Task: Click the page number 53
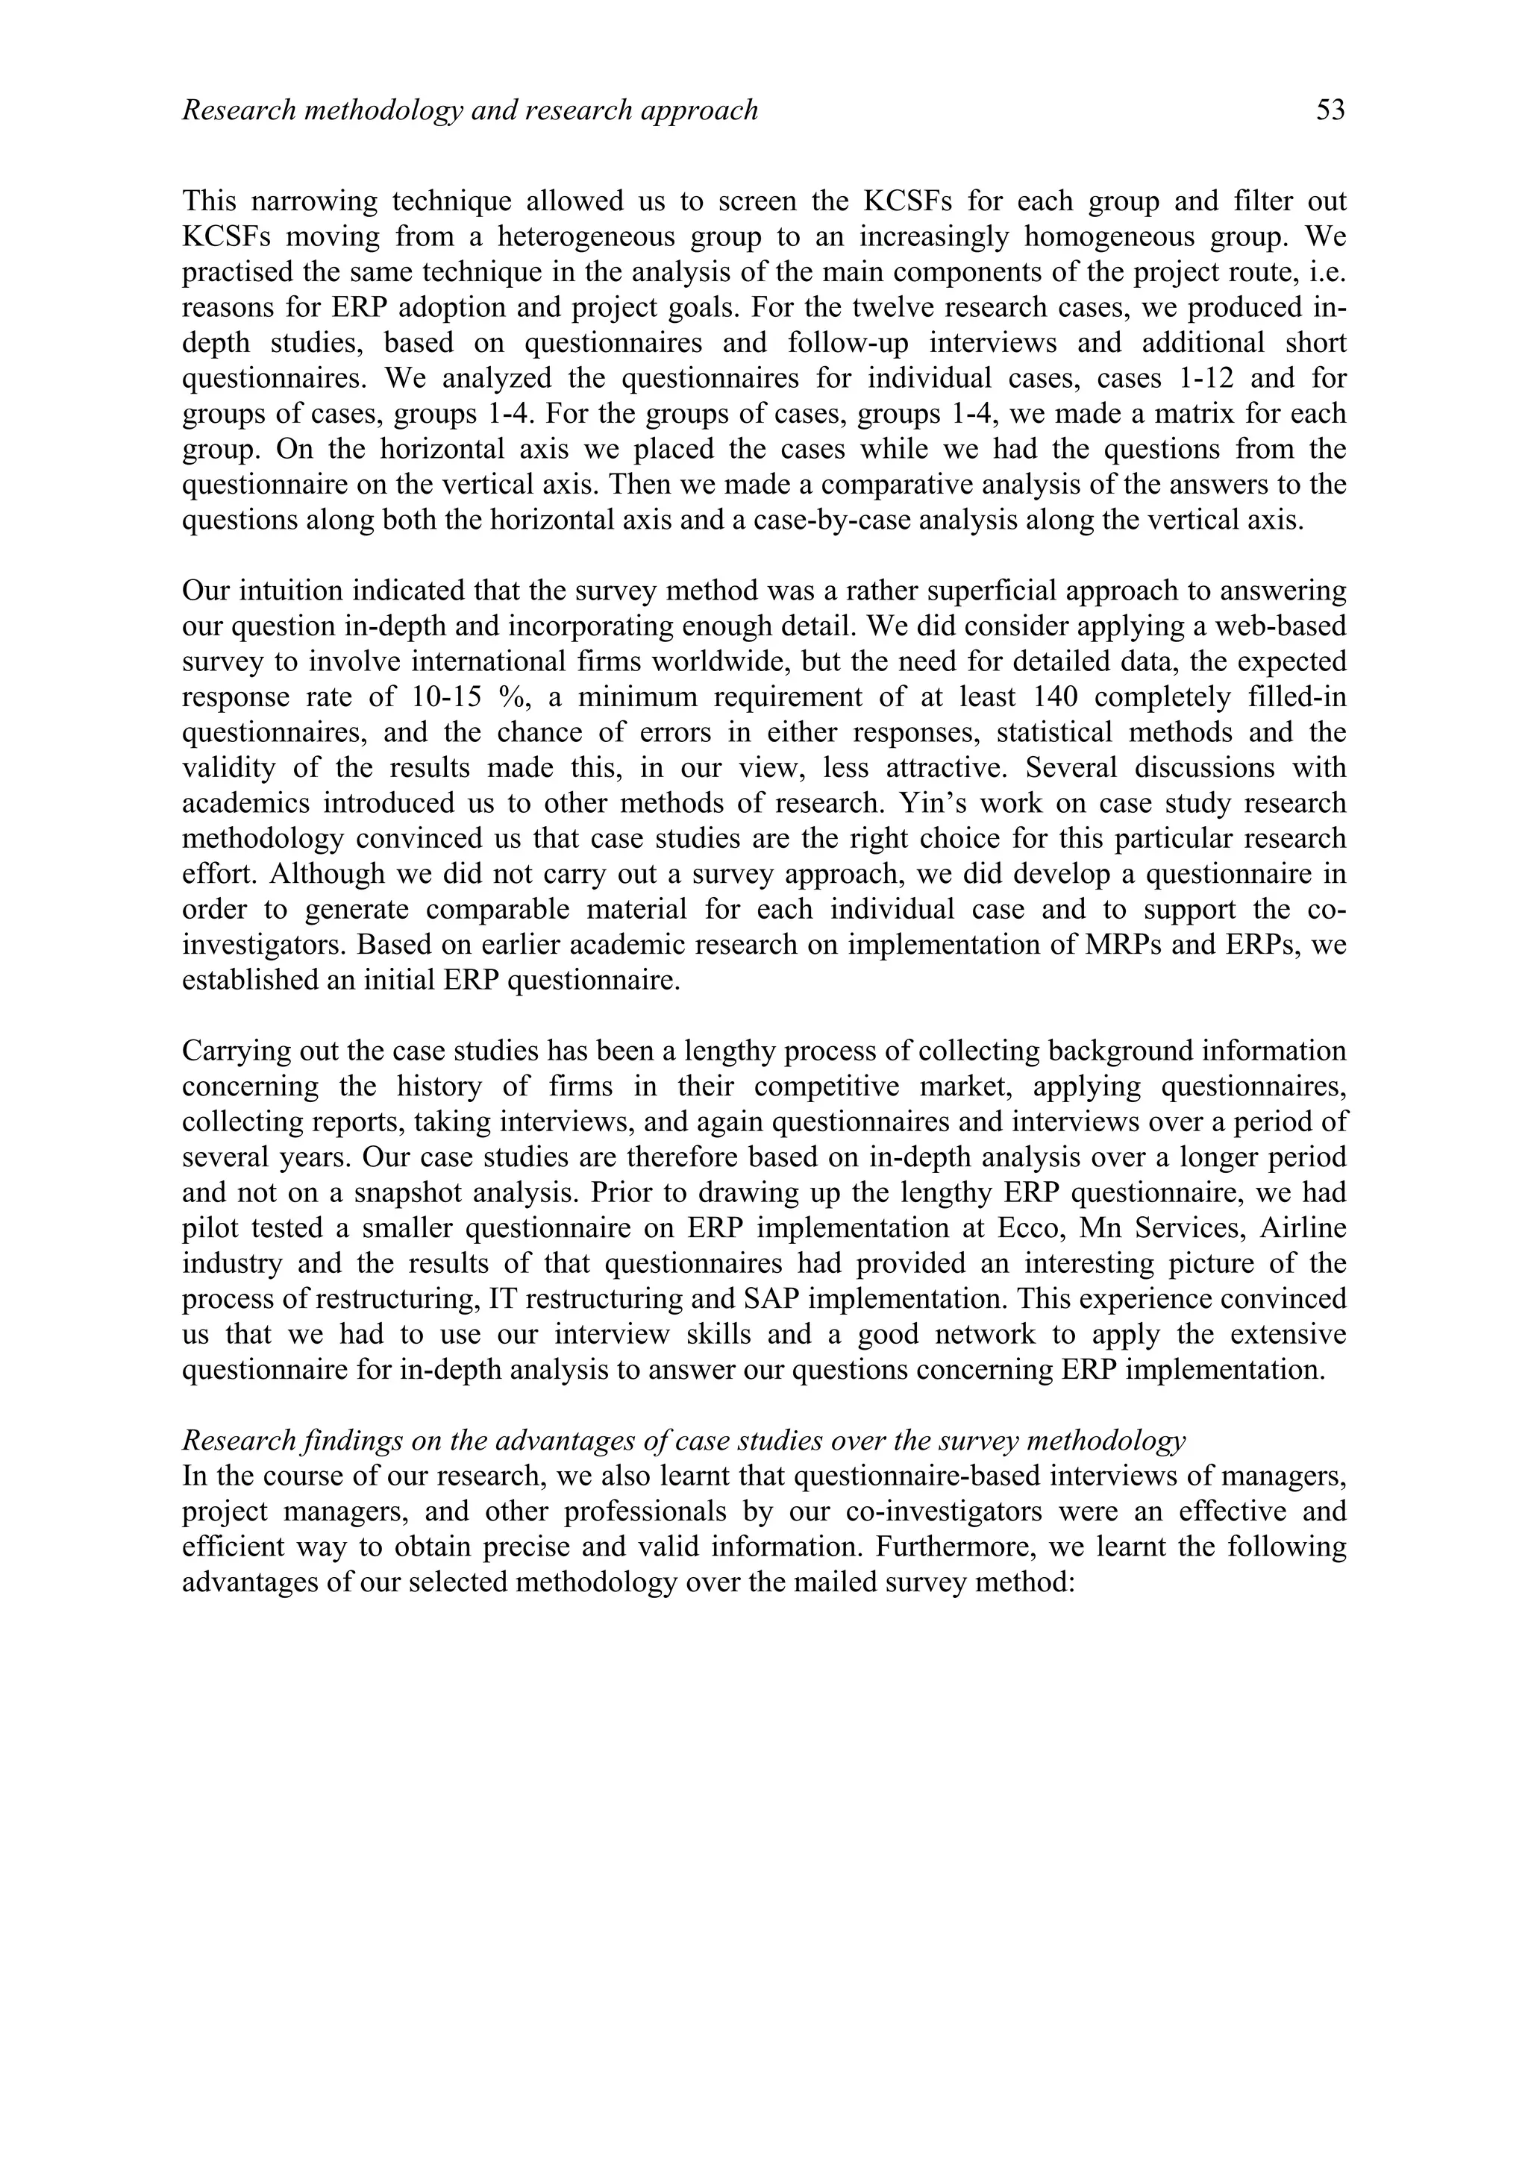[x=1330, y=111]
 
